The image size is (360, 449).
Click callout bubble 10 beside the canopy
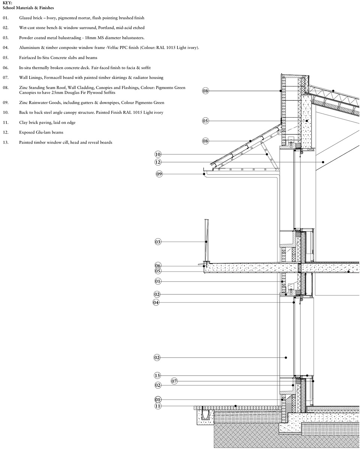[x=158, y=154]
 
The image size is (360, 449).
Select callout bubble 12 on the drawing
[x=158, y=162]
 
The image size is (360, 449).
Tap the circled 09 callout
[x=159, y=174]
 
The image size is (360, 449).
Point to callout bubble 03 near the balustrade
[x=158, y=242]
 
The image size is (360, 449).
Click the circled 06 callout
[x=158, y=266]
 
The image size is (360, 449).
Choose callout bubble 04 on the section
[x=156, y=302]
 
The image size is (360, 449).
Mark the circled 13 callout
[x=157, y=375]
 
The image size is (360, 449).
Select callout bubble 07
[x=174, y=381]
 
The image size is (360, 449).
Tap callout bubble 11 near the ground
[x=158, y=406]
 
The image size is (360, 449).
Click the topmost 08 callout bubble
[x=205, y=91]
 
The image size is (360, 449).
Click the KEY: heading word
[x=7, y=3]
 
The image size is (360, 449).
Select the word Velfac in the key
[x=112, y=48]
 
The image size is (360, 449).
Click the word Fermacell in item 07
[x=53, y=78]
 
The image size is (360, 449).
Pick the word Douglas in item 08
[x=72, y=92]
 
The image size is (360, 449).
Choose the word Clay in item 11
[x=23, y=122]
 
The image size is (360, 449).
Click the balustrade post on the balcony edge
[x=206, y=240]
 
